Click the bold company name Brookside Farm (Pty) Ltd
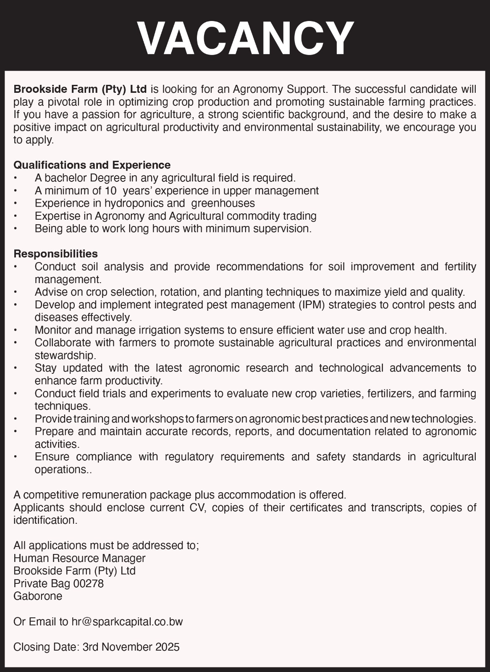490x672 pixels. (x=80, y=89)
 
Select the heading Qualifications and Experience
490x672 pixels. (x=92, y=165)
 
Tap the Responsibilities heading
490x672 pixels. (x=55, y=254)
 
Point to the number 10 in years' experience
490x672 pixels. (x=110, y=191)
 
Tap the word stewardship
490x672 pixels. (x=65, y=356)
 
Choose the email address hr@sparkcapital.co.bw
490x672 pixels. (x=127, y=622)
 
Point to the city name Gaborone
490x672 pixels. (x=38, y=596)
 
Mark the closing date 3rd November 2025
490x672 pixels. (x=131, y=647)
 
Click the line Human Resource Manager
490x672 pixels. (x=79, y=558)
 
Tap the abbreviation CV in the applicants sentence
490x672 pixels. (x=196, y=507)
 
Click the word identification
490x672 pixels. (x=45, y=520)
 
